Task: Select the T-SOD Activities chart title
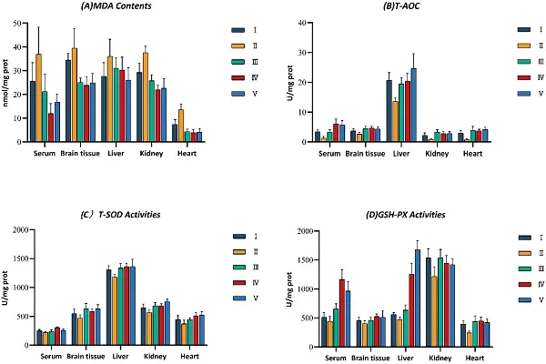tap(107, 215)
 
